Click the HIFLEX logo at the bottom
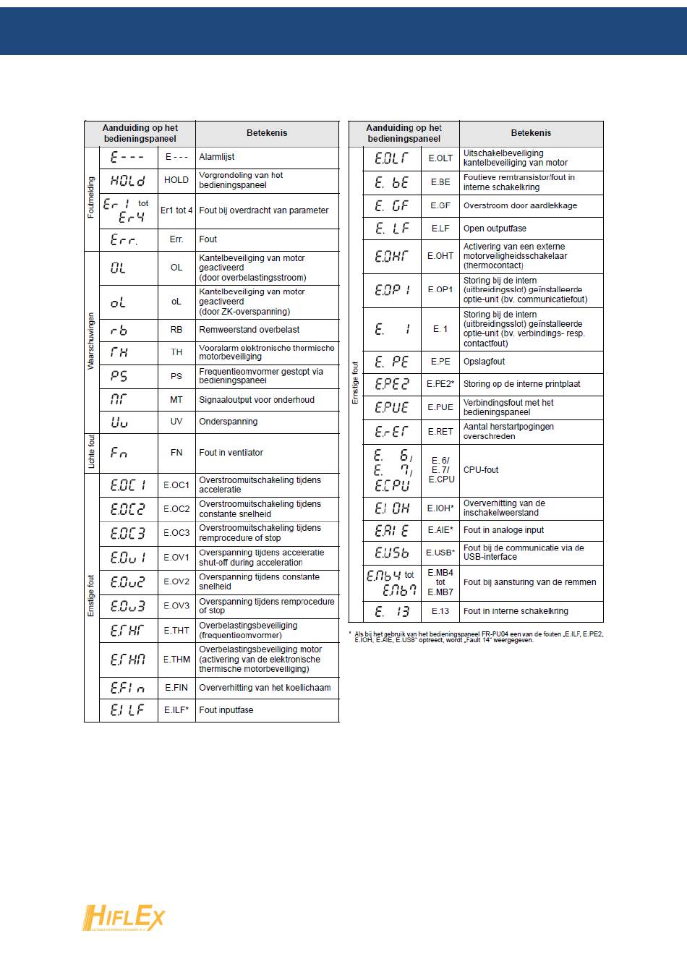coord(124,918)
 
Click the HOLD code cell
coord(176,180)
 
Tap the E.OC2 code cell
coord(176,509)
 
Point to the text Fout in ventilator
coord(231,453)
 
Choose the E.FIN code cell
coord(176,688)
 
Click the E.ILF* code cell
coord(176,710)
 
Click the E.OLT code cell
coord(440,158)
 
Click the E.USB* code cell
coord(440,553)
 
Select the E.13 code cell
coord(440,611)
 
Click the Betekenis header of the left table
coord(267,133)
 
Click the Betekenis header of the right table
coord(531,133)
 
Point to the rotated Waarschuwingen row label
coord(91,341)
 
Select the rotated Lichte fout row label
coord(91,452)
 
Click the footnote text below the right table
coord(477,636)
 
